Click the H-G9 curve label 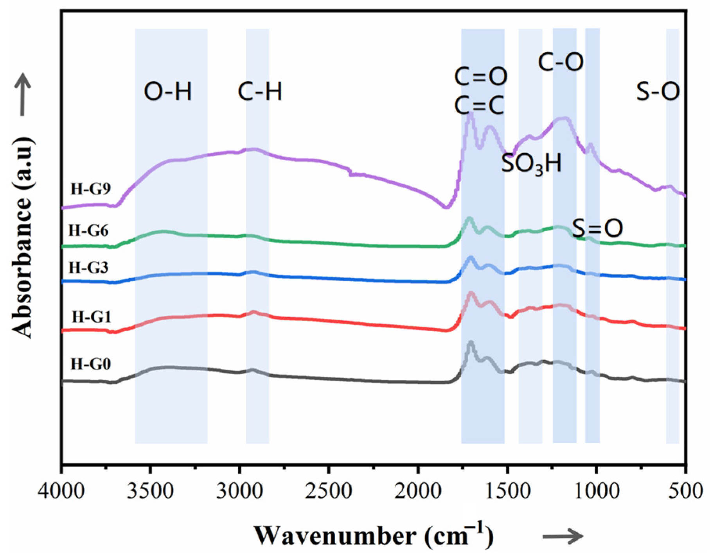[x=91, y=189]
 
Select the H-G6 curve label [x=88, y=231]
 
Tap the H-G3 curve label [x=88, y=268]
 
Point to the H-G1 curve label [x=92, y=316]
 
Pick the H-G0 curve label [x=91, y=364]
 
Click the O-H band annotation [x=168, y=92]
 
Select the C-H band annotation [x=260, y=92]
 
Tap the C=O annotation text [x=481, y=76]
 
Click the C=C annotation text [x=480, y=105]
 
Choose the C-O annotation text [x=561, y=62]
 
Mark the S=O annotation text [x=597, y=229]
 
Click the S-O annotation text [x=658, y=92]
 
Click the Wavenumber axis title [x=373, y=535]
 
